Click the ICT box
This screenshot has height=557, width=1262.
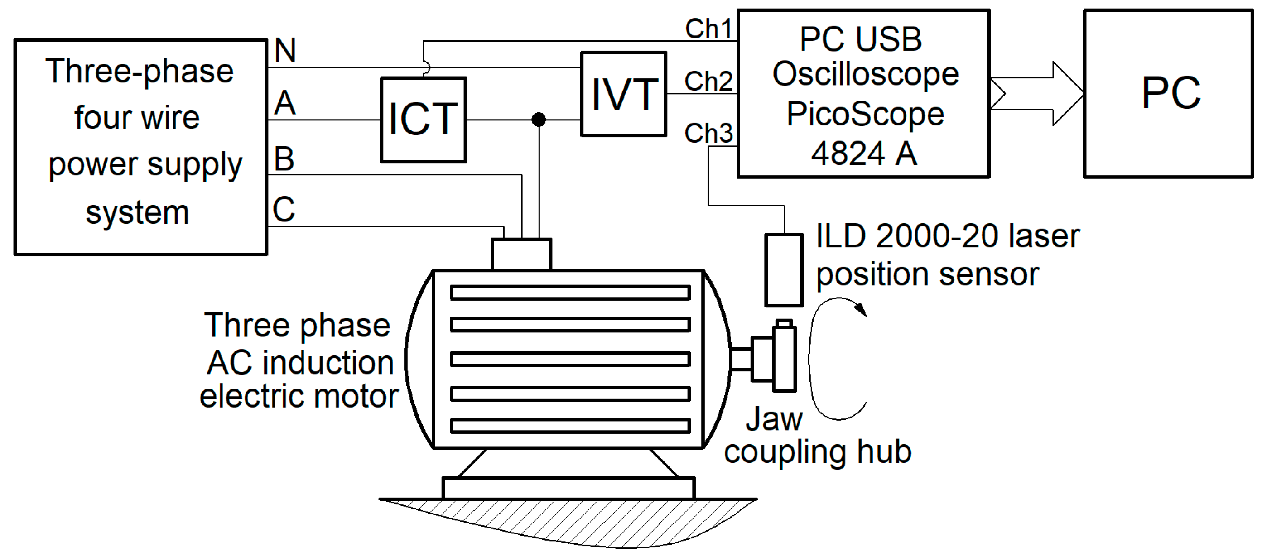(x=423, y=120)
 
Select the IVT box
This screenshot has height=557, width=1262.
(x=623, y=94)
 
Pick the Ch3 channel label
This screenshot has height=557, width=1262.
(x=708, y=133)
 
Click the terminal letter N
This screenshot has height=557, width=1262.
(x=285, y=50)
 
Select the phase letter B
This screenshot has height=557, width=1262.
(x=284, y=159)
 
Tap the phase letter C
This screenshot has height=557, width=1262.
(x=284, y=210)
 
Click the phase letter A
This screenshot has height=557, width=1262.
(x=284, y=103)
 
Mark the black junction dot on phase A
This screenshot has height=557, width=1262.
(x=539, y=120)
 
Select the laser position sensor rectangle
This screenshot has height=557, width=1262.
(x=784, y=270)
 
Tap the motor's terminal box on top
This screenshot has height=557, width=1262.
(x=521, y=254)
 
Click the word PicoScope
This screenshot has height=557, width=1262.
(x=865, y=114)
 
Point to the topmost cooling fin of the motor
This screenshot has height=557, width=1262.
(x=570, y=293)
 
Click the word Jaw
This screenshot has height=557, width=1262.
(x=774, y=419)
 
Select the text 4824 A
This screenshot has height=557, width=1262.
(x=864, y=154)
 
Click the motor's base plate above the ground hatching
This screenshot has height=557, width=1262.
(x=568, y=488)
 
